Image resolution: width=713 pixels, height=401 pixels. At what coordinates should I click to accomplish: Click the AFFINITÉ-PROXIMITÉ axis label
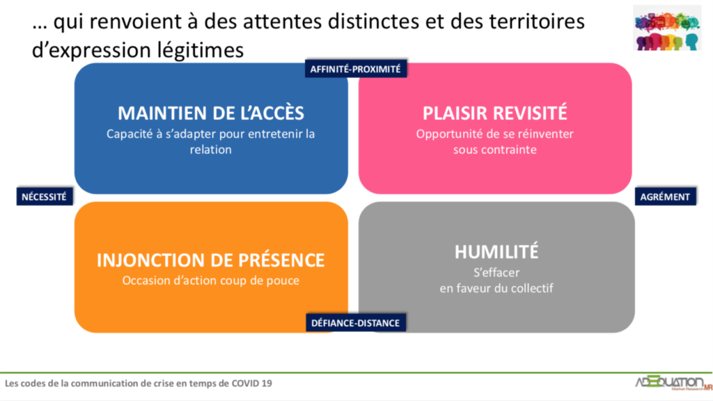click(356, 69)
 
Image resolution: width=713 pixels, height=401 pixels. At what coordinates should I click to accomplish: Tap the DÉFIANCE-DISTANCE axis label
click(356, 323)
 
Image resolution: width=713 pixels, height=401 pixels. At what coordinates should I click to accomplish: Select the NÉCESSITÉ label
click(44, 196)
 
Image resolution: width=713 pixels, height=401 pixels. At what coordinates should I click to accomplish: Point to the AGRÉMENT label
click(665, 196)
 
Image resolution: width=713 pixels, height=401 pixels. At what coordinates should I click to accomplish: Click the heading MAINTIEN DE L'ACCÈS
click(211, 113)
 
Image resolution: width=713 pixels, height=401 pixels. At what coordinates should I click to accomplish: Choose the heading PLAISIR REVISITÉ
click(495, 113)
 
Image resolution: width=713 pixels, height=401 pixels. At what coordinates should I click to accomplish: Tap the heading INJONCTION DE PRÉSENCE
click(210, 260)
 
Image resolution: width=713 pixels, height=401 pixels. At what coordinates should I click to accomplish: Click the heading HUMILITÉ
click(496, 252)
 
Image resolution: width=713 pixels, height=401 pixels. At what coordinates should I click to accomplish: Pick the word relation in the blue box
click(210, 150)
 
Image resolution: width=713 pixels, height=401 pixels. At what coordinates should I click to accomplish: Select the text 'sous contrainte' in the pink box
click(495, 150)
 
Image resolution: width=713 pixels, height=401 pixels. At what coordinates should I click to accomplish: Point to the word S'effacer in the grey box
click(496, 272)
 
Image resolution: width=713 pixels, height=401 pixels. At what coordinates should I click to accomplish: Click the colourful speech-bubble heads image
click(667, 28)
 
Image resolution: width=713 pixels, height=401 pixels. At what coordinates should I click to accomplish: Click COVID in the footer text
click(246, 384)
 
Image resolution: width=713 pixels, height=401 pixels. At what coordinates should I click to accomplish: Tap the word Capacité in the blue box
click(127, 134)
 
